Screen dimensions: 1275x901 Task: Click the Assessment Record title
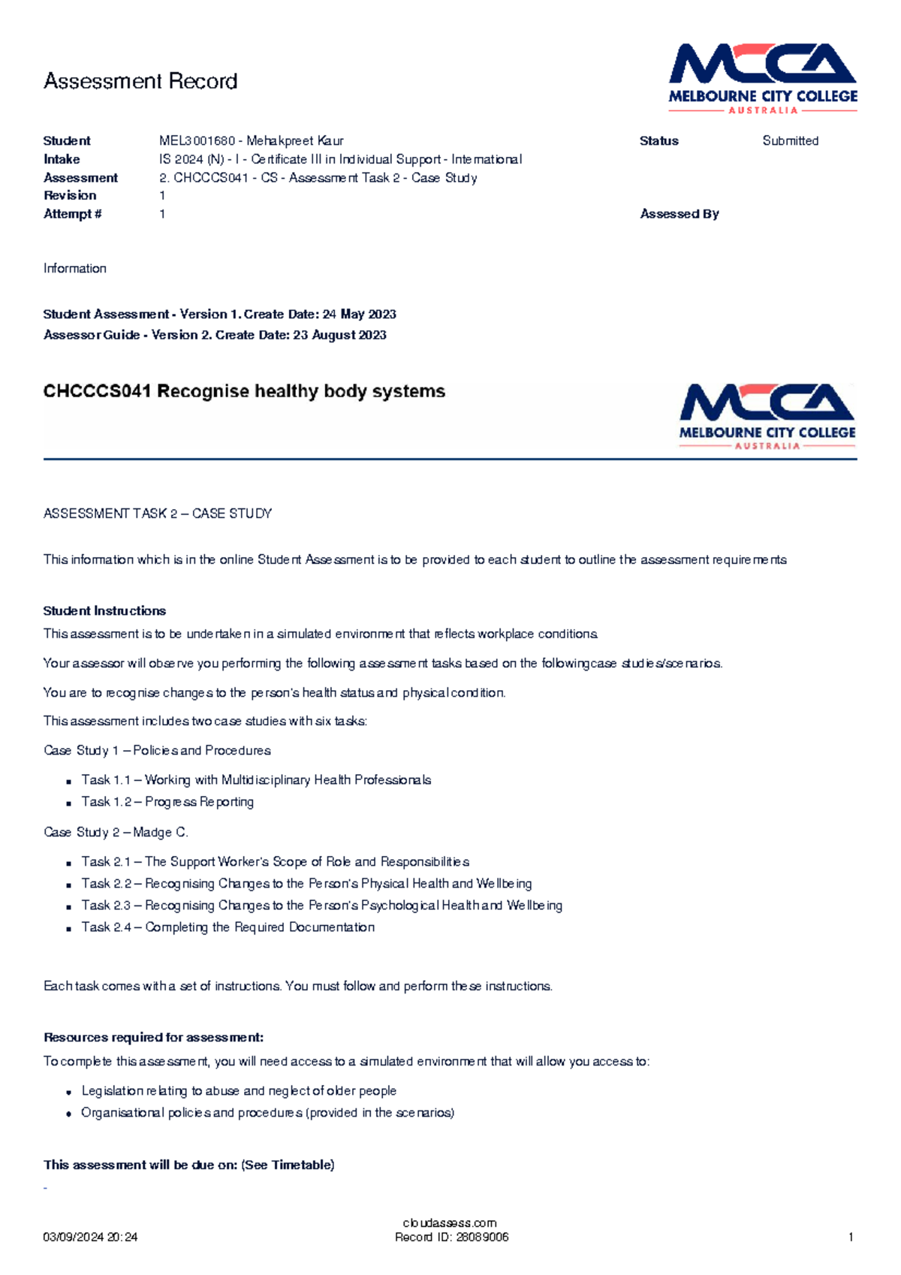tap(140, 81)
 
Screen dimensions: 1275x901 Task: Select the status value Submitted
tap(790, 140)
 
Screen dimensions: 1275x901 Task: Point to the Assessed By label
tap(679, 214)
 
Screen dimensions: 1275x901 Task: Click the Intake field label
tap(62, 159)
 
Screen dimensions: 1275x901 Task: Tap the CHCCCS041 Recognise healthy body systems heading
tap(244, 391)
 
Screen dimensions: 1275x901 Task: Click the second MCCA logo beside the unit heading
tap(767, 416)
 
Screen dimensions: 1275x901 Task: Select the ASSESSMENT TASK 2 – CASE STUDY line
tap(158, 514)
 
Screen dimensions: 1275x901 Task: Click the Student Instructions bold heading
tap(104, 610)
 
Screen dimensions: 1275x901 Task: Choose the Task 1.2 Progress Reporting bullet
tap(167, 802)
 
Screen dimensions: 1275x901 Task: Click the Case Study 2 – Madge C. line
tap(116, 832)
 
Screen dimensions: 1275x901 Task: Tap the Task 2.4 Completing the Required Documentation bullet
tap(228, 927)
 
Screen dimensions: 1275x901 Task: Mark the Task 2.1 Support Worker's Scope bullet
tap(275, 861)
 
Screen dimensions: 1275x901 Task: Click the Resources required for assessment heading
tap(153, 1037)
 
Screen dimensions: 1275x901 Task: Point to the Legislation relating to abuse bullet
tap(238, 1090)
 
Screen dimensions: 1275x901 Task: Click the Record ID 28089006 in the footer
tap(451, 1237)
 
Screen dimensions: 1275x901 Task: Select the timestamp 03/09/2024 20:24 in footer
tap(90, 1237)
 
